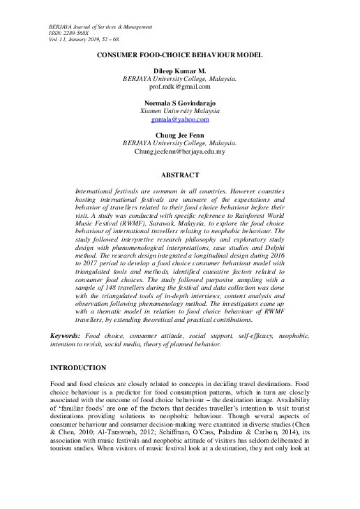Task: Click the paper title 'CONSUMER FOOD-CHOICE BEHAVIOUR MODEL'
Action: pyautogui.click(x=179, y=54)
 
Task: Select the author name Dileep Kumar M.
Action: pyautogui.click(x=179, y=71)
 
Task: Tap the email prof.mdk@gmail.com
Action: pyautogui.click(x=179, y=87)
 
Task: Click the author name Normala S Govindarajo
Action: pyautogui.click(x=179, y=103)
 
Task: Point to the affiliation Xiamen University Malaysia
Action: pyautogui.click(x=179, y=110)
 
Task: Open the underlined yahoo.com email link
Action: pyautogui.click(x=179, y=119)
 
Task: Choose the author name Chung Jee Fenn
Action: pyautogui.click(x=179, y=135)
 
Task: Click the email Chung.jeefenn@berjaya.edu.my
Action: pyautogui.click(x=179, y=151)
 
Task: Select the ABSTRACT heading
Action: pyautogui.click(x=179, y=175)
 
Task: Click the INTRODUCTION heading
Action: pyautogui.click(x=79, y=367)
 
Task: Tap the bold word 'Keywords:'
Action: pyautogui.click(x=65, y=336)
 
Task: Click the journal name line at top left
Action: pyautogui.click(x=101, y=27)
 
